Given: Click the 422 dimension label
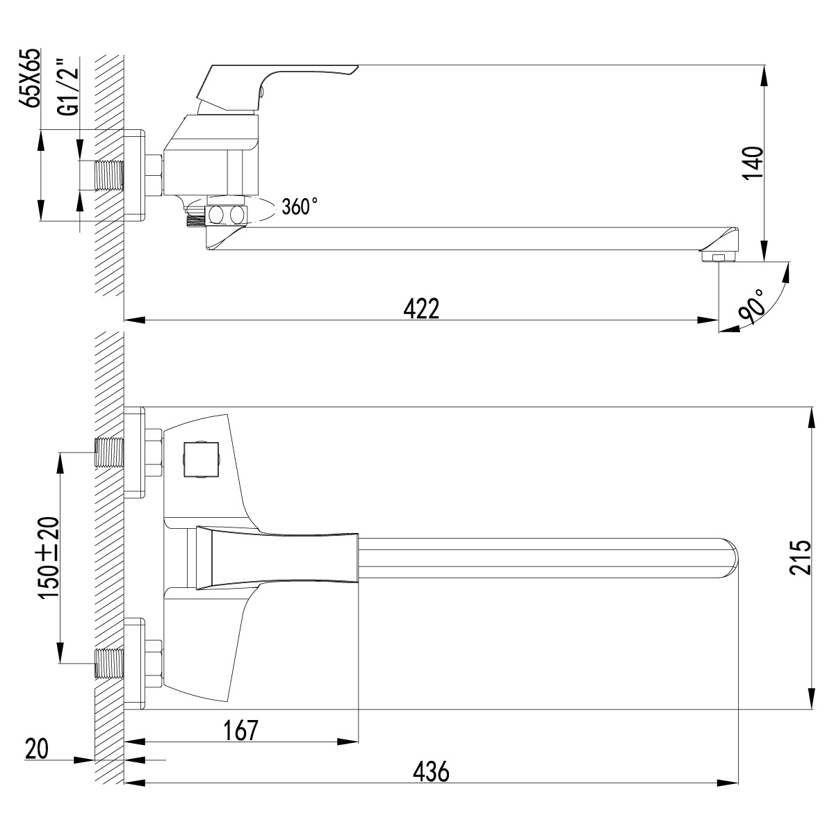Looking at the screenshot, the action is [x=421, y=308].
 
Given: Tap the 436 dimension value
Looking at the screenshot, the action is [x=431, y=771].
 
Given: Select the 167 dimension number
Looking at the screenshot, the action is [x=241, y=730].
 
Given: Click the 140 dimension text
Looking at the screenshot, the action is [x=753, y=163].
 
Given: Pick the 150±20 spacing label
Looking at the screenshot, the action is [x=49, y=558].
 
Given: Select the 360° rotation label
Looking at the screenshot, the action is [x=300, y=206].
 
